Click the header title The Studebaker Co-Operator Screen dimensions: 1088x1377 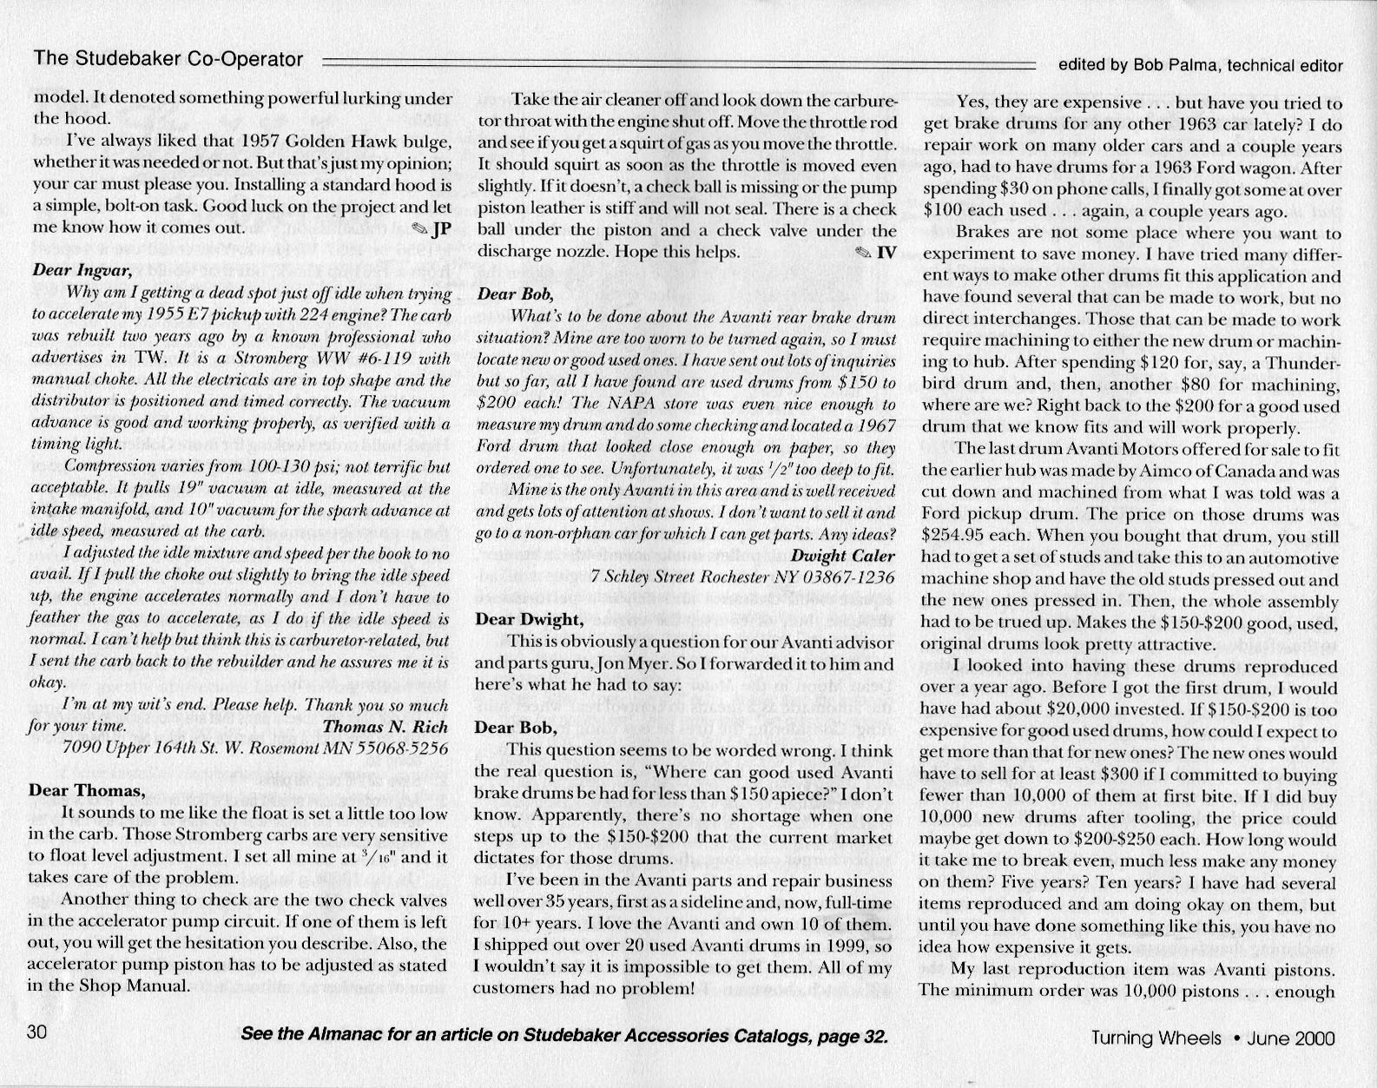click(168, 59)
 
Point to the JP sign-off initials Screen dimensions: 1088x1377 click(440, 229)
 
